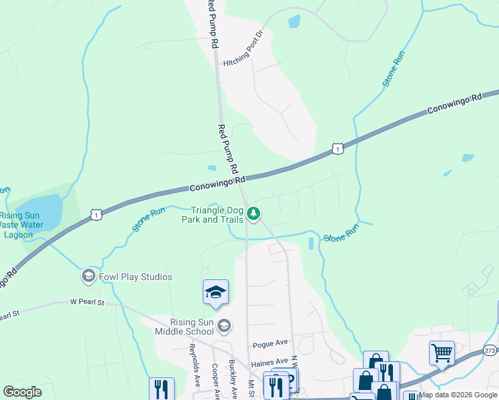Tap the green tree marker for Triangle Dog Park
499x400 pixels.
[x=254, y=213]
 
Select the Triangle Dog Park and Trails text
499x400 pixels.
[x=213, y=214]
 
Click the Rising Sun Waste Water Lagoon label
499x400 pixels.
[x=21, y=225]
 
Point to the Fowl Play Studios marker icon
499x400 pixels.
[x=88, y=276]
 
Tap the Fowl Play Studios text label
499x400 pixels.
[x=136, y=277]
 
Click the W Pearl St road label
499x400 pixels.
[x=88, y=303]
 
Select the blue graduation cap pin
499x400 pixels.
[x=215, y=293]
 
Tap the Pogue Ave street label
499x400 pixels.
[x=270, y=343]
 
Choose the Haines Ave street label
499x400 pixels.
[x=269, y=364]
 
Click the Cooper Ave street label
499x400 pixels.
[x=215, y=381]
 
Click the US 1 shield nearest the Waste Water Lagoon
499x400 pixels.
[x=97, y=215]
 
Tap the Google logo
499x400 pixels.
[x=22, y=392]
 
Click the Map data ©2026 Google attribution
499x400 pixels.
[x=458, y=395]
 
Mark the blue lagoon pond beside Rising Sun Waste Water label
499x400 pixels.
[x=40, y=212]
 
